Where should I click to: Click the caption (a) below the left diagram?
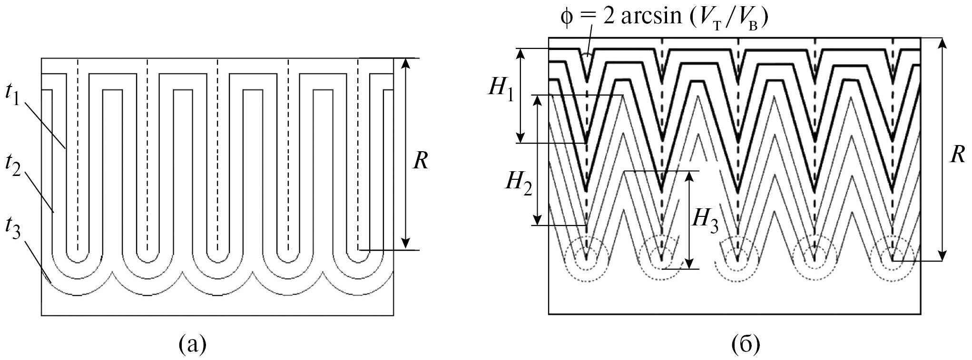192,344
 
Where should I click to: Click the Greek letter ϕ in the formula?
567,19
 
